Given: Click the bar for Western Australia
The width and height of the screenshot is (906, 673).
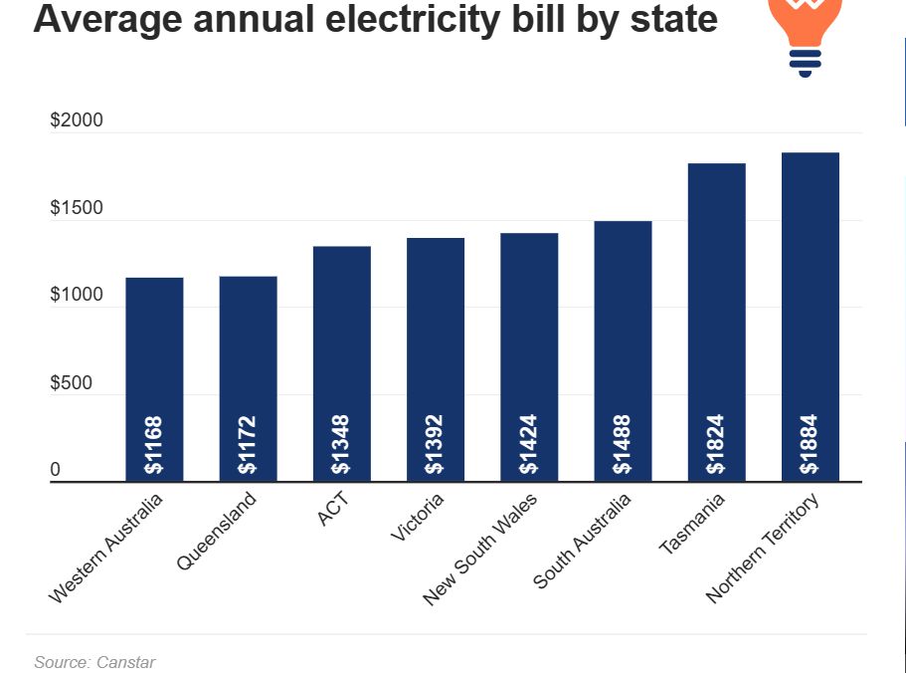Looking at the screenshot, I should tap(154, 378).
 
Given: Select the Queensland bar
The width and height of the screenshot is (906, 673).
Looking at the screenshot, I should tap(248, 378).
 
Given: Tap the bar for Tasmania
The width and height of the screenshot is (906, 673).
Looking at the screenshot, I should tap(716, 319).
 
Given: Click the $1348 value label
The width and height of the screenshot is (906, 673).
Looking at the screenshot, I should tap(341, 444).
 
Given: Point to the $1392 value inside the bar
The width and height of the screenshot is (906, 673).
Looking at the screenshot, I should tap(435, 444).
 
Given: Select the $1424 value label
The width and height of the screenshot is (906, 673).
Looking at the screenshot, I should tap(528, 444).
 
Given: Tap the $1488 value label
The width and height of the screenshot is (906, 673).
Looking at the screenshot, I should tap(622, 444).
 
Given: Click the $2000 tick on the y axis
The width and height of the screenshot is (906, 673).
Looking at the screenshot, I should tap(77, 121).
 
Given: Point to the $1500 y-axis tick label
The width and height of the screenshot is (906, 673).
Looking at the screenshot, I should tap(77, 209).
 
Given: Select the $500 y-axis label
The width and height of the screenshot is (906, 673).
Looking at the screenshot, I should tap(71, 383).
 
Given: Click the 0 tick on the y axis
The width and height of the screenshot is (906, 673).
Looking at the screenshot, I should tap(56, 470).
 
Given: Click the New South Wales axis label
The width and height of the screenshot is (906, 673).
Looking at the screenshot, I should tap(480, 550).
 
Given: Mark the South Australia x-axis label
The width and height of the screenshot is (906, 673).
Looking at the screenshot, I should tap(583, 542).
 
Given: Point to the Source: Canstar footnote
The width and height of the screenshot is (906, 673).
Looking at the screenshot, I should tap(94, 662).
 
